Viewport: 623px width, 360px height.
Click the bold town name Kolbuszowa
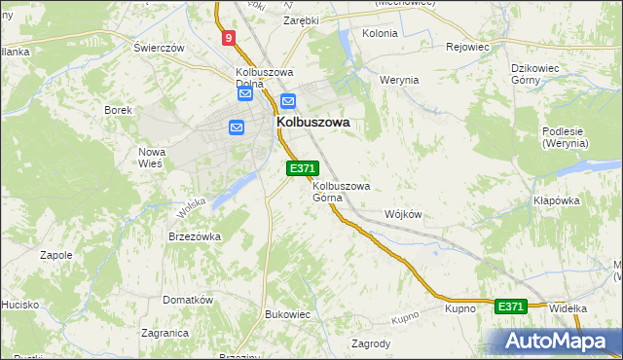pyautogui.click(x=313, y=124)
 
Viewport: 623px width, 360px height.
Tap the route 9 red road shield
pyautogui.click(x=228, y=38)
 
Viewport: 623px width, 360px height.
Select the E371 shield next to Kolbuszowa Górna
pyautogui.click(x=302, y=168)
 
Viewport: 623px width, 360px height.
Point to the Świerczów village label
pyautogui.click(x=160, y=48)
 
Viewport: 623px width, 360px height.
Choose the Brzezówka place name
pyautogui.click(x=195, y=236)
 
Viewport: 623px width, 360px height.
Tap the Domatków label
pyautogui.click(x=188, y=300)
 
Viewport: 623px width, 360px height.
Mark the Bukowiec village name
pyautogui.click(x=287, y=314)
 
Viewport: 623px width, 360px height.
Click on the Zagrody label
pyautogui.click(x=371, y=343)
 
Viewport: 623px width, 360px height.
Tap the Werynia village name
pyautogui.click(x=399, y=80)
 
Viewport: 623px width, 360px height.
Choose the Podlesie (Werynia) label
pyautogui.click(x=566, y=137)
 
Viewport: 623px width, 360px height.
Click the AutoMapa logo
pyautogui.click(x=555, y=341)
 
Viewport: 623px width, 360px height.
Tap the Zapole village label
pyautogui.click(x=56, y=255)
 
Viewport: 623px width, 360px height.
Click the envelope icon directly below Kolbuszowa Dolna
pyautogui.click(x=245, y=94)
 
